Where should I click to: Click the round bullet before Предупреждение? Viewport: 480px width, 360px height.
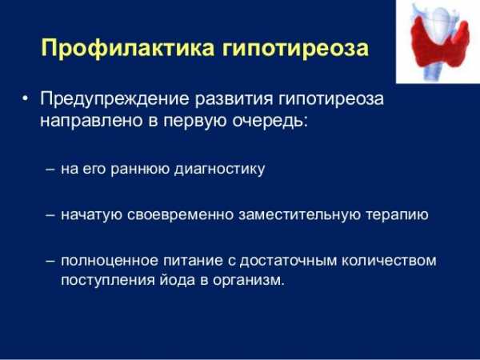26,99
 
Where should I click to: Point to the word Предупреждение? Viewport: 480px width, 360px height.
114,99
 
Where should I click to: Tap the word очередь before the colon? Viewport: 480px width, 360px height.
270,121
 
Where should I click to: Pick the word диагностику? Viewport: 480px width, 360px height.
219,170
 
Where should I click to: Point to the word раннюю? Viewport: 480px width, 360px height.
140,170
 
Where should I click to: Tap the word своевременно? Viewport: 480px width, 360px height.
180,215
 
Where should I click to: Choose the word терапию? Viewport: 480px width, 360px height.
397,216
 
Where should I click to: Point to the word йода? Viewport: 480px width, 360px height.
177,280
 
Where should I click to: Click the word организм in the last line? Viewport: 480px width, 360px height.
249,281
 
